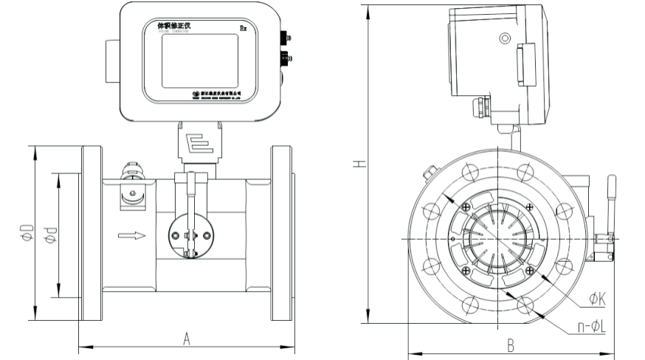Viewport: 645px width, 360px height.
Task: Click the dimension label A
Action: pos(187,338)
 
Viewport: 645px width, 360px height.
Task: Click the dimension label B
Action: pos(509,345)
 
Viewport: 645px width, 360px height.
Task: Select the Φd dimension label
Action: pos(49,234)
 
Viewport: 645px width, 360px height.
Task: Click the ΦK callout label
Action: pos(597,299)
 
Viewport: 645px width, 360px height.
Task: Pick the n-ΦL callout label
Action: pos(590,325)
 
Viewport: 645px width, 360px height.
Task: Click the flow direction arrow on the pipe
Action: pos(131,236)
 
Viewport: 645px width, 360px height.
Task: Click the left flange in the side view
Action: pos(92,233)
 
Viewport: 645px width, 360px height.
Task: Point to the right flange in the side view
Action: pos(283,233)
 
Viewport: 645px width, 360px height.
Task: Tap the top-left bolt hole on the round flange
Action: pos(467,173)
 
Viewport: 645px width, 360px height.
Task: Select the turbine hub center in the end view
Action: pos(499,238)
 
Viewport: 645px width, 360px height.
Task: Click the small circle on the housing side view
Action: pos(505,38)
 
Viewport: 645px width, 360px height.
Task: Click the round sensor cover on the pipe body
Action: pos(190,234)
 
